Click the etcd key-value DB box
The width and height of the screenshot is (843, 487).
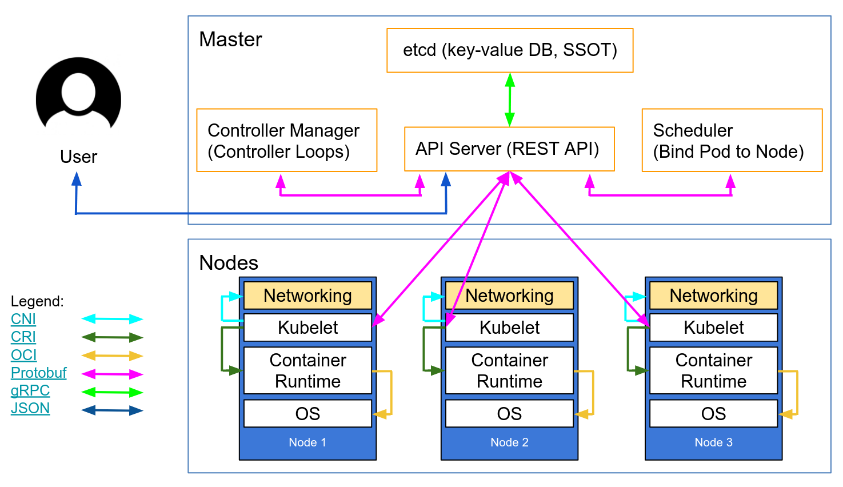pyautogui.click(x=510, y=50)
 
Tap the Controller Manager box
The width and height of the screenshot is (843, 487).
pyautogui.click(x=286, y=141)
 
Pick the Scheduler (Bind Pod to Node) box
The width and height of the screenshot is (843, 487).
pyautogui.click(x=732, y=141)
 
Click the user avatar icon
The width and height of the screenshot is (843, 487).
pyautogui.click(x=78, y=95)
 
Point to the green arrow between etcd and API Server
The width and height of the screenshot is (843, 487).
pyautogui.click(x=510, y=100)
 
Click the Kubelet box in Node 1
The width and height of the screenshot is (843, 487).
pyautogui.click(x=307, y=328)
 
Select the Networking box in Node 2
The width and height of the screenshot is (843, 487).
pyautogui.click(x=509, y=296)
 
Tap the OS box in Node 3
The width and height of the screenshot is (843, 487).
pyautogui.click(x=713, y=413)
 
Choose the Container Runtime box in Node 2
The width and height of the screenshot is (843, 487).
pyautogui.click(x=509, y=370)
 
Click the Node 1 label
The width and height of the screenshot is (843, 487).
pyautogui.click(x=307, y=442)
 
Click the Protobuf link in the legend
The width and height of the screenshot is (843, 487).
pyautogui.click(x=38, y=373)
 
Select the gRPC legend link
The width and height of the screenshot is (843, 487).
pyautogui.click(x=30, y=390)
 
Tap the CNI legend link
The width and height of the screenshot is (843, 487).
pyautogui.click(x=23, y=319)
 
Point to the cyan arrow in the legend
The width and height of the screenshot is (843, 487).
pyautogui.click(x=112, y=319)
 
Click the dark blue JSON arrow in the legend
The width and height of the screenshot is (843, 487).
pyautogui.click(x=112, y=410)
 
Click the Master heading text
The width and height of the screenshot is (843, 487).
pyautogui.click(x=230, y=39)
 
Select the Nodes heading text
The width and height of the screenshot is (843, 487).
pyautogui.click(x=229, y=263)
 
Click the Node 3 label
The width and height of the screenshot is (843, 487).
pyautogui.click(x=713, y=442)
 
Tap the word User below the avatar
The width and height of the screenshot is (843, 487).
pyautogui.click(x=78, y=157)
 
